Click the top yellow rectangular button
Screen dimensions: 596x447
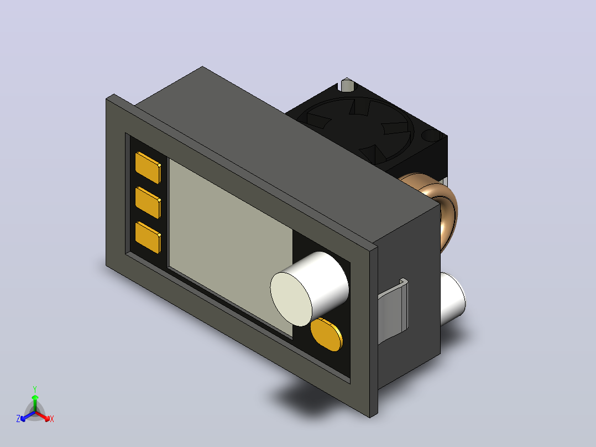(x=148, y=168)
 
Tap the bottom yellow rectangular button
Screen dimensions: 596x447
(x=148, y=237)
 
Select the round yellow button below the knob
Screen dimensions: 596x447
(x=327, y=334)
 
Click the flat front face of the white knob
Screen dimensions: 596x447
(x=291, y=299)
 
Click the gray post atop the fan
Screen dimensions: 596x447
(x=347, y=85)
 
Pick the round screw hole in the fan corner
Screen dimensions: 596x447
(x=431, y=135)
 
